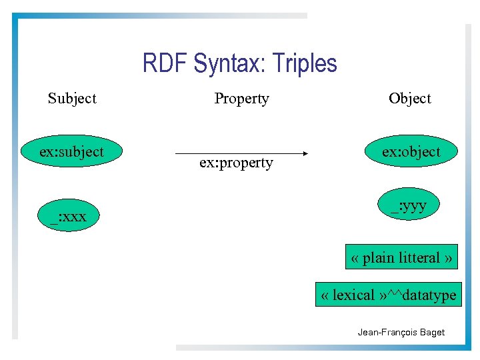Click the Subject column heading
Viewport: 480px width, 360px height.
(72, 99)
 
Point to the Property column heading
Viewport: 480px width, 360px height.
(241, 99)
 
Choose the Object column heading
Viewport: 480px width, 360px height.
(410, 99)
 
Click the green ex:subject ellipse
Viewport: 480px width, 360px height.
(71, 152)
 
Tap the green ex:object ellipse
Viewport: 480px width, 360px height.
(411, 152)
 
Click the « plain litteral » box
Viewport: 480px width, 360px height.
(401, 257)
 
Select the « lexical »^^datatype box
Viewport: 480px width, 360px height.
(388, 295)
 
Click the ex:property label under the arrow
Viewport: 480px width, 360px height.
(236, 163)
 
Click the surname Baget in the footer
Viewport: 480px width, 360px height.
(431, 332)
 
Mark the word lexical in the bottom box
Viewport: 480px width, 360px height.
(353, 295)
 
